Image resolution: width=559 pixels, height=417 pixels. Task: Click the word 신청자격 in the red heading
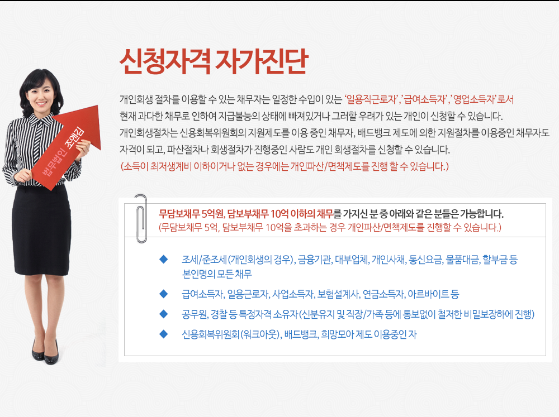165,61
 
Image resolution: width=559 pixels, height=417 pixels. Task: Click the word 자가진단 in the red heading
262,61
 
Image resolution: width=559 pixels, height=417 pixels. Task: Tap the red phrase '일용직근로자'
372,99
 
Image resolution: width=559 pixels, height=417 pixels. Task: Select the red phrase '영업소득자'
474,99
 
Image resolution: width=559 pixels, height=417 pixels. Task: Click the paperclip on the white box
141,218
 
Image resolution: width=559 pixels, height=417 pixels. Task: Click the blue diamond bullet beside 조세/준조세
164,259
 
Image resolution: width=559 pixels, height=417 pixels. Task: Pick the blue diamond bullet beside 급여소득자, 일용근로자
164,294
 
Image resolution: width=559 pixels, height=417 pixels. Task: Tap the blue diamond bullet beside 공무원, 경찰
164,314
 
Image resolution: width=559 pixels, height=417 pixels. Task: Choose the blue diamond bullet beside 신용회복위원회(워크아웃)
164,334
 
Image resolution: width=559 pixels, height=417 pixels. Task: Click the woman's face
41,95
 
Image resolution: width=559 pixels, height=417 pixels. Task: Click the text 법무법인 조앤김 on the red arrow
63,151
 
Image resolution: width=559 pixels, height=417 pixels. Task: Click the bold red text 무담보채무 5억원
191,214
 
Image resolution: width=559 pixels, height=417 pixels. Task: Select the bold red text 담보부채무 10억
258,214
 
